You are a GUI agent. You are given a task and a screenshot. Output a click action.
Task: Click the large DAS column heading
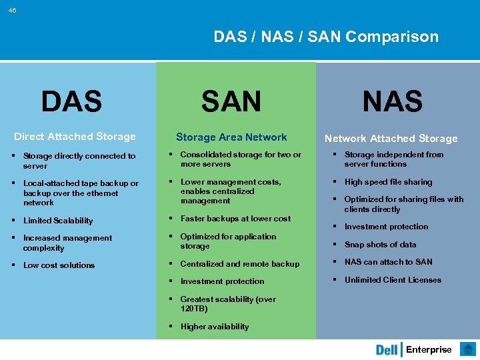[x=71, y=102]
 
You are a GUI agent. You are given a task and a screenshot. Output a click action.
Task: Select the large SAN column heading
[x=231, y=102]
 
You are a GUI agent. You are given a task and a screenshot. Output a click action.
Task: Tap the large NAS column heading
[x=392, y=102]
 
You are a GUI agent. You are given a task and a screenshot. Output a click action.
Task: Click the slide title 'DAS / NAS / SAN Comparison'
[x=326, y=37]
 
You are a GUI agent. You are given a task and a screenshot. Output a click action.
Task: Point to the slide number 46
[x=13, y=10]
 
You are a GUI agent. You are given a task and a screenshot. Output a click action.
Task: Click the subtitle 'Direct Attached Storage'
[x=75, y=137]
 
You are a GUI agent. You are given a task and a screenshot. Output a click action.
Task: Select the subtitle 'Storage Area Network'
[x=231, y=137]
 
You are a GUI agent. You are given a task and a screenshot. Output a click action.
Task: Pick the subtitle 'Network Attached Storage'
[x=391, y=139]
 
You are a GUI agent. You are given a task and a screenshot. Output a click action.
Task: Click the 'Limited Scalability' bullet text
[x=58, y=221]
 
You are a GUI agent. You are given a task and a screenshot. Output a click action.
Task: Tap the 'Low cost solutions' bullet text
[x=59, y=265]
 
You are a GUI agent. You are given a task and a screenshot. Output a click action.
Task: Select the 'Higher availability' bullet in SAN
[x=214, y=327]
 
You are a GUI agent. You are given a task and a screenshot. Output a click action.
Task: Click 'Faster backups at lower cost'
[x=235, y=219]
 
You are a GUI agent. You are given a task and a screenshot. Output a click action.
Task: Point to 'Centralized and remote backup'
[x=239, y=264]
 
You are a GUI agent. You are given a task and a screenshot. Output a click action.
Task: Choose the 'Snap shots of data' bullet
[x=380, y=245]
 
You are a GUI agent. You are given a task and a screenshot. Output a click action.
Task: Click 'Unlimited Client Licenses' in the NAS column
[x=393, y=280]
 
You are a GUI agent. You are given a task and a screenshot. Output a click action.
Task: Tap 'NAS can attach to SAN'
[x=388, y=262]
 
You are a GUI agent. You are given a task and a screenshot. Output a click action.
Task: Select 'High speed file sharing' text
[x=388, y=182]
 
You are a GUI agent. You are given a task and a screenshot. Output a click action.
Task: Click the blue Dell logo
[x=387, y=350]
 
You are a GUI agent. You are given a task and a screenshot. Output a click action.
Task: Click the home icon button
[x=468, y=349]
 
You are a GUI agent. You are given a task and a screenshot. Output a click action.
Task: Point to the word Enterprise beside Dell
[x=429, y=350]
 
